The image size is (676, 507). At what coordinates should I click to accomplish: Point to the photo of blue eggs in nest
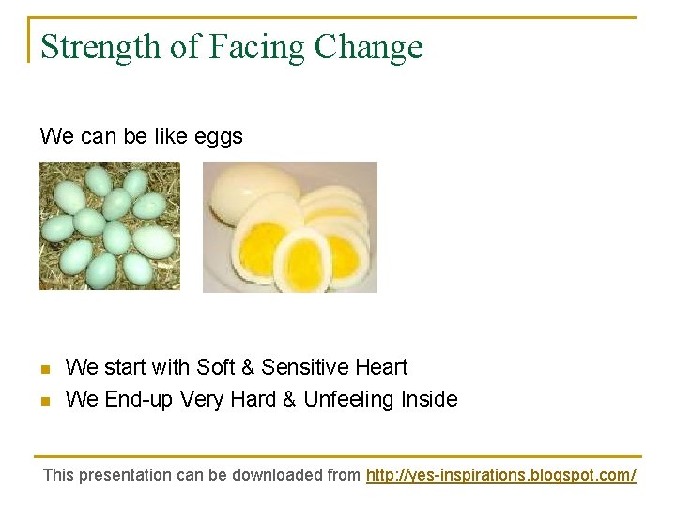tap(109, 226)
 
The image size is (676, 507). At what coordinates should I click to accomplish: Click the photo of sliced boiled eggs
tap(290, 227)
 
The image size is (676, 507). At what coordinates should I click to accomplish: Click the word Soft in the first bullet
tap(216, 367)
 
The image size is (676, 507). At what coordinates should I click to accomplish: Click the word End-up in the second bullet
tap(138, 400)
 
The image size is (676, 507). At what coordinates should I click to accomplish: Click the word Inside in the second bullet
tap(429, 400)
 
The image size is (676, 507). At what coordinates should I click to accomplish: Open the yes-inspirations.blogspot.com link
tap(500, 475)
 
